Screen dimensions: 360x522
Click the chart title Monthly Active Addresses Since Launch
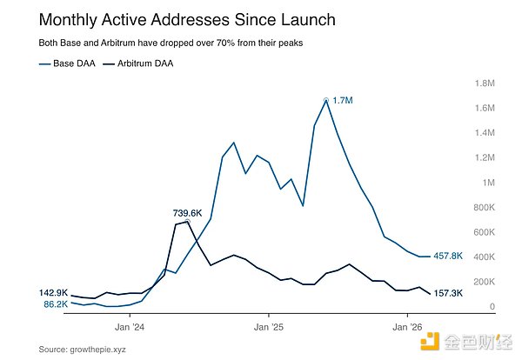coord(174,19)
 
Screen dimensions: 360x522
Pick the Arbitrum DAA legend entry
coord(139,63)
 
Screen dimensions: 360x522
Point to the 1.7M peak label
coord(343,101)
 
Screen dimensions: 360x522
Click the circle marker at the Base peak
coord(326,100)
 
